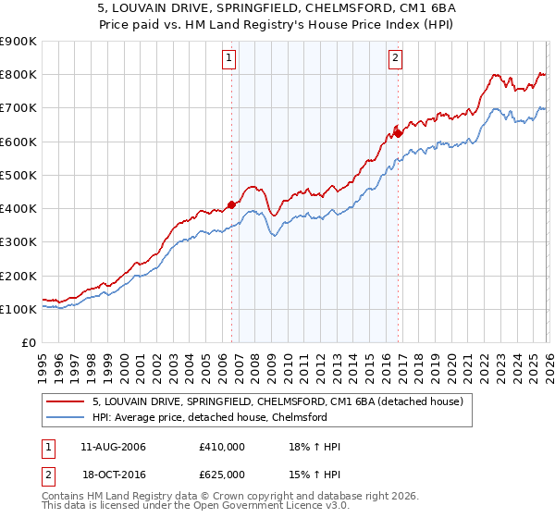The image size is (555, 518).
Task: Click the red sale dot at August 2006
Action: (x=231, y=205)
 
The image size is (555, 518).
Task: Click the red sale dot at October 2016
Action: (x=398, y=133)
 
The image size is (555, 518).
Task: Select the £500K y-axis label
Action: (x=18, y=175)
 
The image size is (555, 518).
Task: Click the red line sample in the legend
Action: (x=66, y=401)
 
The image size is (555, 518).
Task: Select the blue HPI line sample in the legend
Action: (x=66, y=418)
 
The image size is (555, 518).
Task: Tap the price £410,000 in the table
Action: (x=221, y=447)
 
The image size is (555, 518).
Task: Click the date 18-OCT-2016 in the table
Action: (x=113, y=474)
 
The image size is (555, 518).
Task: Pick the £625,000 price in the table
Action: (x=221, y=474)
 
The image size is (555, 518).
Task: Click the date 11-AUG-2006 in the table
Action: (x=113, y=447)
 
